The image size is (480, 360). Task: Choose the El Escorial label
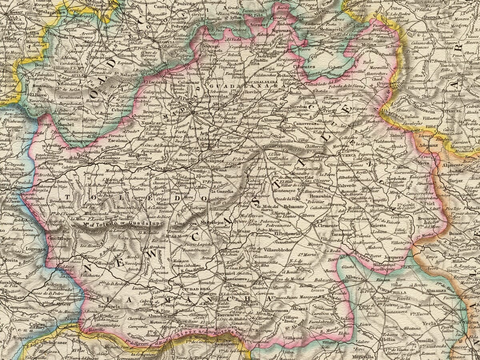[152, 82]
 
